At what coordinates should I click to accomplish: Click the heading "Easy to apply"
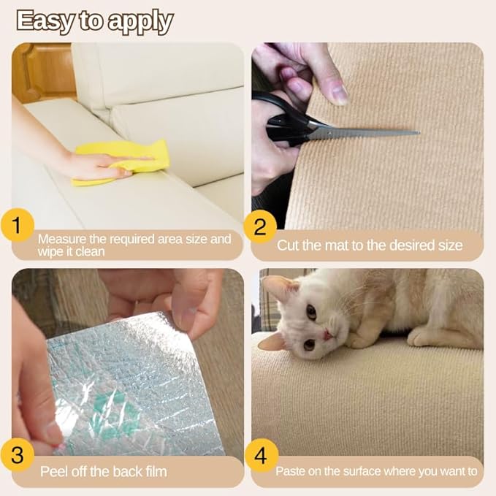point(94,21)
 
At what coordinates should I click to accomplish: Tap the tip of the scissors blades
point(416,133)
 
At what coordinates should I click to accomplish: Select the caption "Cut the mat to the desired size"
point(370,245)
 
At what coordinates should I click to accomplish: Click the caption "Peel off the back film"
point(103,472)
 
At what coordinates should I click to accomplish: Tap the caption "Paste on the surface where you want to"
point(376,472)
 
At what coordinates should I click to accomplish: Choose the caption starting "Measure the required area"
point(134,245)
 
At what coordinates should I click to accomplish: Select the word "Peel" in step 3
point(55,472)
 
